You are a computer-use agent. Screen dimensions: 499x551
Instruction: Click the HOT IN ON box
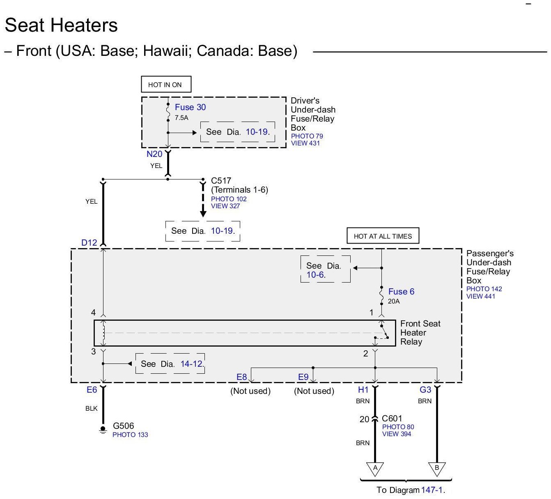coord(166,85)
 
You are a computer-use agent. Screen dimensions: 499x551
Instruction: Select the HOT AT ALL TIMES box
coord(383,236)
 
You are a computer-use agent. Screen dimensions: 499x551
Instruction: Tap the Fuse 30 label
coord(190,107)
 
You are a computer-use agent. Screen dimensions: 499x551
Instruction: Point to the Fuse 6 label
coord(401,292)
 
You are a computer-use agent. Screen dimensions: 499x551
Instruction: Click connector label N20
coord(154,154)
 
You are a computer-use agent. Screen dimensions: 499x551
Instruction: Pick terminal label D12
coord(89,243)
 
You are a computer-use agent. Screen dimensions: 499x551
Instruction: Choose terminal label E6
coord(92,390)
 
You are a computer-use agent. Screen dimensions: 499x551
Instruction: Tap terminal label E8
coord(242,377)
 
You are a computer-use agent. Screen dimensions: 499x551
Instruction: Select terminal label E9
coord(303,377)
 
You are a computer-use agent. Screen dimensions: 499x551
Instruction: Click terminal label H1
coord(363,390)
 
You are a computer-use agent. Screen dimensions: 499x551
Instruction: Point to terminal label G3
coord(425,390)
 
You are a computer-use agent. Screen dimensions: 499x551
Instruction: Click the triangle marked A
coord(375,468)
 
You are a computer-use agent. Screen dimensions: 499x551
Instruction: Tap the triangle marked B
coord(437,468)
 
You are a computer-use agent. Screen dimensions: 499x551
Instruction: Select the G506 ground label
coord(123,426)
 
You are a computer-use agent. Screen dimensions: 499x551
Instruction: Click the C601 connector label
coord(392,419)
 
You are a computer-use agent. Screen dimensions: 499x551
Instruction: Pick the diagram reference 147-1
coord(432,490)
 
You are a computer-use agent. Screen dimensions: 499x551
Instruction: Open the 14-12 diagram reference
coord(191,364)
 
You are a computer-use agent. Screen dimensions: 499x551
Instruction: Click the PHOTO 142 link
coord(484,289)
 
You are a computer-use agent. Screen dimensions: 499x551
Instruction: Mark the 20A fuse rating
coord(393,301)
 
